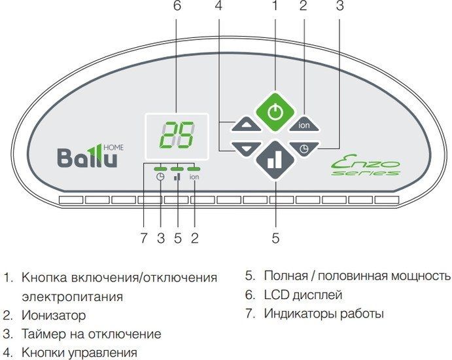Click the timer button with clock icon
click(x=304, y=148)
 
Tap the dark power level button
click(x=275, y=160)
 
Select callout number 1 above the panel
click(x=275, y=7)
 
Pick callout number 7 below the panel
click(x=144, y=238)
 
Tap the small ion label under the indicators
click(x=194, y=177)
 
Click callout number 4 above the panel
click(x=218, y=7)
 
